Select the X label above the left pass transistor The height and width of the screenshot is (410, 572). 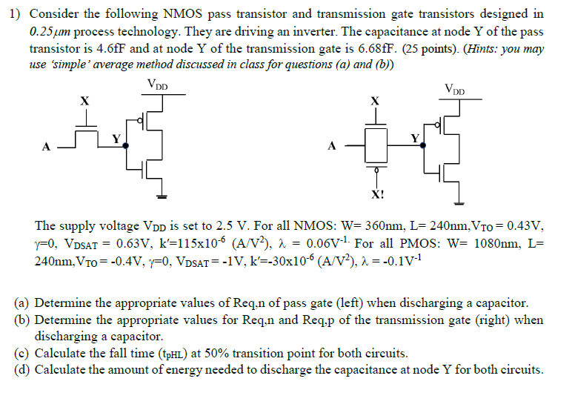click(x=85, y=101)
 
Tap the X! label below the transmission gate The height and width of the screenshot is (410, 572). click(x=378, y=196)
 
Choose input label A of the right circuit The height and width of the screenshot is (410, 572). click(x=331, y=146)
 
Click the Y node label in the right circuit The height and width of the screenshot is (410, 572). click(x=416, y=138)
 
